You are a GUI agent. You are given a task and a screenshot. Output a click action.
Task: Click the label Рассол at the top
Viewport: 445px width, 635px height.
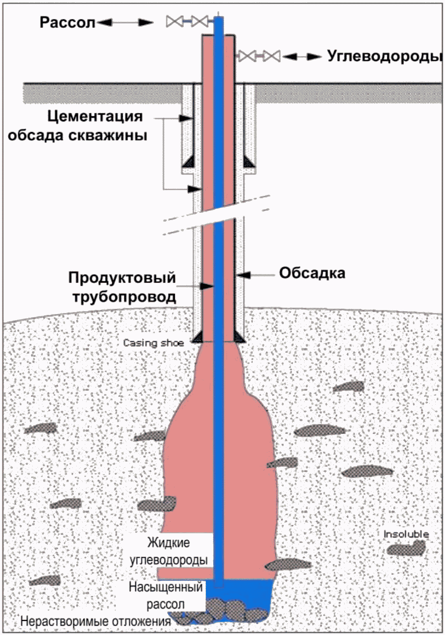(67, 22)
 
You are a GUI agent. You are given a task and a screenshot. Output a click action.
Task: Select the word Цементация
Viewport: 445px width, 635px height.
(95, 116)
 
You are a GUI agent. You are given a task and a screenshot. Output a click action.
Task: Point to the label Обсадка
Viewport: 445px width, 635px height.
(312, 273)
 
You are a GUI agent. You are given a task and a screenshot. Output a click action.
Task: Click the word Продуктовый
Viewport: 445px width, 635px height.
(122, 278)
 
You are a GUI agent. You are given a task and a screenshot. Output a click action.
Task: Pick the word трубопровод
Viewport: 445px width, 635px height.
(124, 297)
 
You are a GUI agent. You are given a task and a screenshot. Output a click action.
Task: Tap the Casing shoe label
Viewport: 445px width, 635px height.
(153, 343)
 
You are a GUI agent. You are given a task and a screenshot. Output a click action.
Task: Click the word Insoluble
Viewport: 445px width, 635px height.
(406, 534)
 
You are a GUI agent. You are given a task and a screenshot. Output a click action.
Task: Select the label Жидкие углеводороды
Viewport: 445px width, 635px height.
(169, 551)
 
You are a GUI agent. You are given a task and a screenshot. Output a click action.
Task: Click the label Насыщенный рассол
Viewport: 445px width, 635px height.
(166, 595)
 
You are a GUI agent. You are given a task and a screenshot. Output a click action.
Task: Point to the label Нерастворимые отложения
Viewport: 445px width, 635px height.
(96, 621)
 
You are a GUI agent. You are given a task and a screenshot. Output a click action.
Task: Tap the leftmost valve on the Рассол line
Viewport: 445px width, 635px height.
(174, 21)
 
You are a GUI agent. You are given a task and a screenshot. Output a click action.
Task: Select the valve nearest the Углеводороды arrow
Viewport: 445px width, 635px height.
(273, 56)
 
